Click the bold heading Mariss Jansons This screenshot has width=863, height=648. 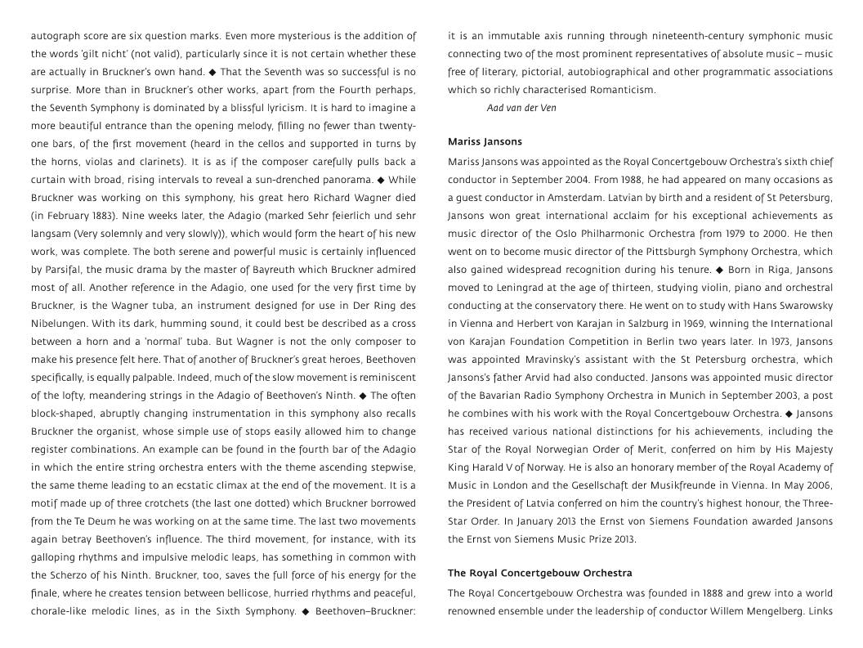pyautogui.click(x=485, y=142)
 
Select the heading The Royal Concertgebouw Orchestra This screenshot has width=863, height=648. pyautogui.click(x=539, y=574)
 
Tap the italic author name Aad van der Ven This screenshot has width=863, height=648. pyautogui.click(x=521, y=108)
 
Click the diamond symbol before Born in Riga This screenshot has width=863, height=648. pyautogui.click(x=720, y=270)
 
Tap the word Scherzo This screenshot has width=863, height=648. pyautogui.click(x=75, y=575)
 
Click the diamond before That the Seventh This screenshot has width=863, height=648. pyautogui.click(x=212, y=72)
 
